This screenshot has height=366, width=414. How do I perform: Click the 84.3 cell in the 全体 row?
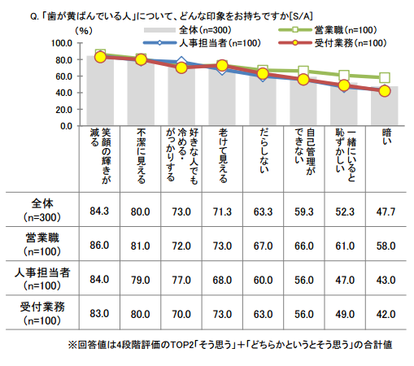pyautogui.click(x=99, y=211)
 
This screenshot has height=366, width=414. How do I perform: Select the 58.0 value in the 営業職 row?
pyautogui.click(x=386, y=246)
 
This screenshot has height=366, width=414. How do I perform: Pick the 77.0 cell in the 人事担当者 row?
pyautogui.click(x=181, y=280)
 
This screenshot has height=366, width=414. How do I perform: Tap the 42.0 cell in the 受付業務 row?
pyautogui.click(x=386, y=314)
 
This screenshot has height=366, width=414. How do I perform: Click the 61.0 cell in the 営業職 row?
pyautogui.click(x=345, y=246)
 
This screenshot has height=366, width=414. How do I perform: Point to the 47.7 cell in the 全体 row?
pyautogui.click(x=386, y=211)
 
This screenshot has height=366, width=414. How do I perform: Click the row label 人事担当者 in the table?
pyautogui.click(x=42, y=272)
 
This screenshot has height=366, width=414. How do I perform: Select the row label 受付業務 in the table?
pyautogui.click(x=42, y=307)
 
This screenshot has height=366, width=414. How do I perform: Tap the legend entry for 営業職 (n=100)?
pyautogui.click(x=328, y=30)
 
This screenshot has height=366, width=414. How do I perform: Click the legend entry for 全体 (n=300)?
pyautogui.click(x=188, y=30)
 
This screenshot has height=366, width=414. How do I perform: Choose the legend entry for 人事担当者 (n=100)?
pyautogui.click(x=202, y=43)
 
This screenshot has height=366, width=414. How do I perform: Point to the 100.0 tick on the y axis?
pyautogui.click(x=62, y=43)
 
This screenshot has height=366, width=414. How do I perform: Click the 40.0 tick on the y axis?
pyautogui.click(x=63, y=93)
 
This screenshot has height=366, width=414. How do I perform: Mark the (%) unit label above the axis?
pyautogui.click(x=84, y=31)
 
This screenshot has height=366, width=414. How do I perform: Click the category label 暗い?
pyautogui.click(x=387, y=137)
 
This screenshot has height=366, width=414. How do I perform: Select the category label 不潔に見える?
pyautogui.click(x=141, y=156)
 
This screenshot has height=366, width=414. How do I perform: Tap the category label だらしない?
pyautogui.click(x=264, y=150)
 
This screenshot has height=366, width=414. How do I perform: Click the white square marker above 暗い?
pyautogui.click(x=385, y=78)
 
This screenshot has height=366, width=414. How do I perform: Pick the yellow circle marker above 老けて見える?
pyautogui.click(x=222, y=65)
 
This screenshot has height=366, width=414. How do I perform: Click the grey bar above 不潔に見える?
pyautogui.click(x=141, y=92)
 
